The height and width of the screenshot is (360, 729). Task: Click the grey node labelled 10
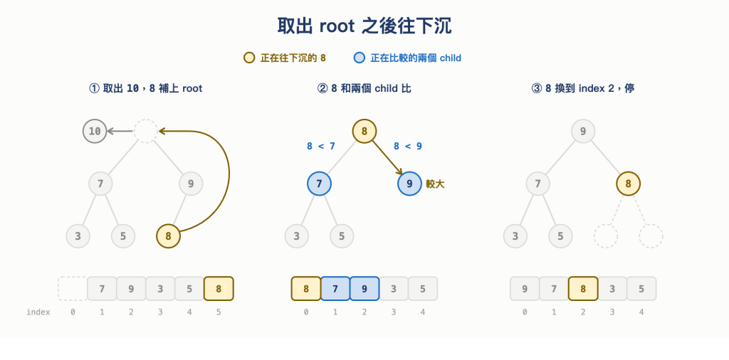click(95, 131)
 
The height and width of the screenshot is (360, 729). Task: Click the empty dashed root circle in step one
click(146, 131)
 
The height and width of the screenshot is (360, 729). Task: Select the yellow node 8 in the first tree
click(168, 236)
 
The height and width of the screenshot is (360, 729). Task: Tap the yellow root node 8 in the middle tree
click(364, 131)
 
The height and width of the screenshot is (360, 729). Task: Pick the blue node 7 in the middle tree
click(320, 184)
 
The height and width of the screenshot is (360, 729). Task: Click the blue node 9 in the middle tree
click(409, 184)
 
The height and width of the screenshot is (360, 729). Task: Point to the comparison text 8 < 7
click(321, 147)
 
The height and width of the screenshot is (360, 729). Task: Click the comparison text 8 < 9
click(408, 147)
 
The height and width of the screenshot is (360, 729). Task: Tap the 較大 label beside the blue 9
click(435, 184)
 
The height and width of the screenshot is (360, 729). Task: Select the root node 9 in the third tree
click(583, 131)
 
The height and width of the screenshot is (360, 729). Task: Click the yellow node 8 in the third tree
click(628, 184)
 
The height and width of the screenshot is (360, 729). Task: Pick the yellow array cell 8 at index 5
click(219, 288)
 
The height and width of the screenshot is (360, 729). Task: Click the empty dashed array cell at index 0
click(73, 288)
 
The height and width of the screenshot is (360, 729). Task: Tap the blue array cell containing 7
click(335, 288)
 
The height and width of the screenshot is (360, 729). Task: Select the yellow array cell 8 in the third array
click(583, 288)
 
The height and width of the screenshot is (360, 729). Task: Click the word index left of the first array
click(38, 312)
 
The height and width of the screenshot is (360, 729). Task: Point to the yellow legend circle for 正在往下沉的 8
click(249, 58)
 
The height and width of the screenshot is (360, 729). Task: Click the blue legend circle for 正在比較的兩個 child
click(360, 58)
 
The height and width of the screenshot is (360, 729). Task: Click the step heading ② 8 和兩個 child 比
click(364, 88)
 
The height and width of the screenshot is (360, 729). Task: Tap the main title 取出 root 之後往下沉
click(364, 26)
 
